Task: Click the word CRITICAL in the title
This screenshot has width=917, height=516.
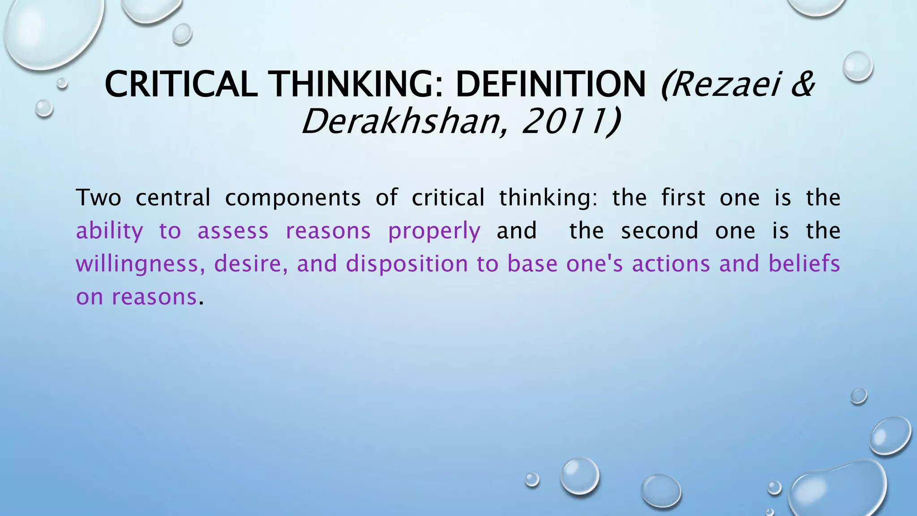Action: pos(181,85)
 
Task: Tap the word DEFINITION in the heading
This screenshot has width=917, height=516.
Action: pos(551,85)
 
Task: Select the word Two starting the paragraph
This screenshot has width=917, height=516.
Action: pos(99,198)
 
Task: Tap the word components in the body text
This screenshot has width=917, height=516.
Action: pos(292,198)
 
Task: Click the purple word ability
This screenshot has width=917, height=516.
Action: pos(109,232)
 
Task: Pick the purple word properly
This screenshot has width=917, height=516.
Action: pos(434,232)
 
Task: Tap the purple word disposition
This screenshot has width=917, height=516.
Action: pos(407,264)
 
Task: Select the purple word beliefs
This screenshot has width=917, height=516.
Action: pos(804,264)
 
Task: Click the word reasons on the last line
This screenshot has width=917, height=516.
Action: pos(154,297)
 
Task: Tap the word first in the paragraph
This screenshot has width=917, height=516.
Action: pos(683,198)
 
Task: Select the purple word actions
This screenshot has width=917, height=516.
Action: pos(671,264)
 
